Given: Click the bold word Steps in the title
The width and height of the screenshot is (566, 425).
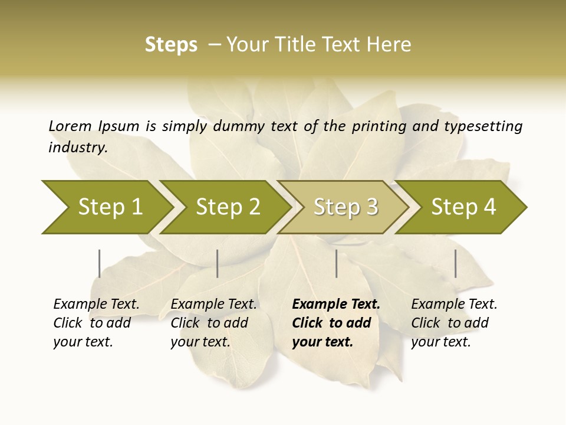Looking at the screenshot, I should coord(171,45).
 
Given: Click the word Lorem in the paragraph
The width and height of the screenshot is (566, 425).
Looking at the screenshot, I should coord(70,126).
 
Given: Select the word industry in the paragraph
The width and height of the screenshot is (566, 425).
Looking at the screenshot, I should coord(77,148).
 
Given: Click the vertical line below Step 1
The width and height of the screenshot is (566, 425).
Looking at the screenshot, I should coord(99,263).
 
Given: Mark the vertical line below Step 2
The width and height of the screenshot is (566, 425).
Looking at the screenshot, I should coord(218,263).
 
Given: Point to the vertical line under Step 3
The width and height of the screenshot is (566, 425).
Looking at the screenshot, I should coord(336,263).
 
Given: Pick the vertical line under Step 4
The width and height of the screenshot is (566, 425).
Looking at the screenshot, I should coord(455,263).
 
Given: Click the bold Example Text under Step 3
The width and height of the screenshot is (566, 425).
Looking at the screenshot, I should coord(336,305).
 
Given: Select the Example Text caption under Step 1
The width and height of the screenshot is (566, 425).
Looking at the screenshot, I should coord(96,305).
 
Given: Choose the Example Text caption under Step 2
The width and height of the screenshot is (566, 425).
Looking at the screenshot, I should coord(213,305).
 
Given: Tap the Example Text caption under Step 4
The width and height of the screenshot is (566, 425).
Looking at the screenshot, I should coord(454,305).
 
